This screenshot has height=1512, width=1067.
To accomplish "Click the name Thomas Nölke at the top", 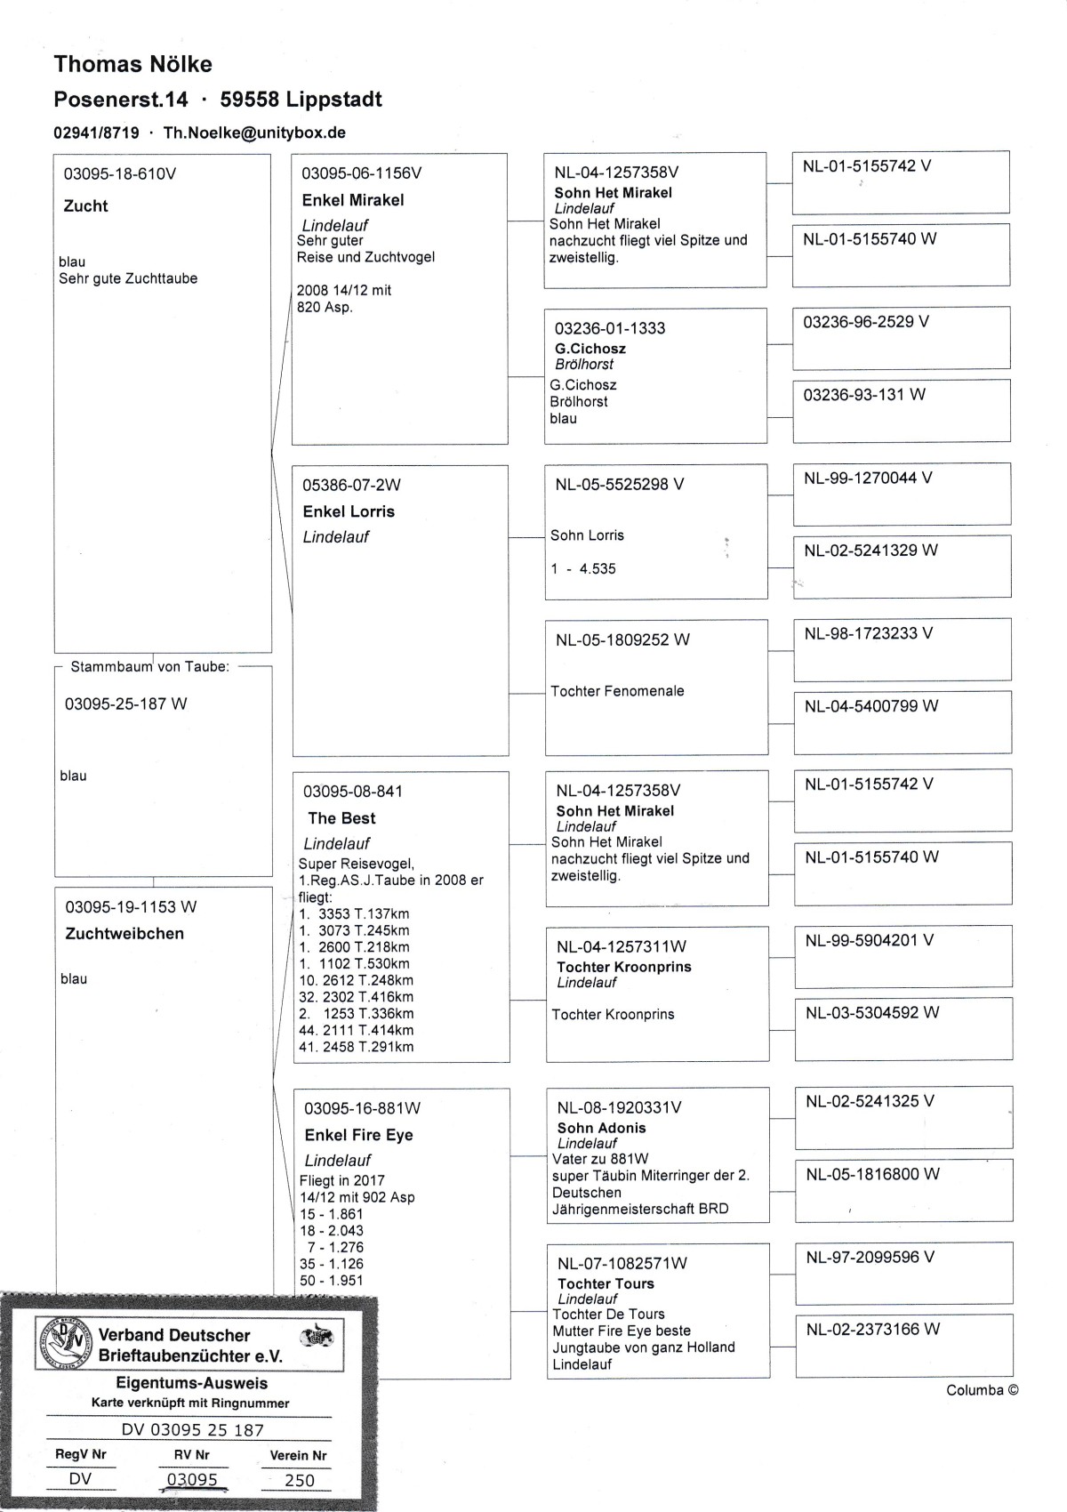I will point(132,64).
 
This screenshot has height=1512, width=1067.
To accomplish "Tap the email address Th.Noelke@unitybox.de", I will point(254,133).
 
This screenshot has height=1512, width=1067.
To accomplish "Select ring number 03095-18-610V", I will point(120,173).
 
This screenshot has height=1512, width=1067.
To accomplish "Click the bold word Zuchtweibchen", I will point(124,933).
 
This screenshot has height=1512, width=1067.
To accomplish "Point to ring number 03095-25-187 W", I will point(125,704).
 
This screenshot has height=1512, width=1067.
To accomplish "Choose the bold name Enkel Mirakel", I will point(353,200).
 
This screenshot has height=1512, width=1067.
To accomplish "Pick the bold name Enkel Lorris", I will point(349,511).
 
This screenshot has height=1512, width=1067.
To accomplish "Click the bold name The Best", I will point(341,818).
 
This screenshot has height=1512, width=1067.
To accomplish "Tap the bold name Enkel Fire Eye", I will point(358,1135).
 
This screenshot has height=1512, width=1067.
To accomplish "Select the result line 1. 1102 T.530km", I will point(355,964).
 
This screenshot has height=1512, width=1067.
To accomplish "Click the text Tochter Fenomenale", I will point(617,691).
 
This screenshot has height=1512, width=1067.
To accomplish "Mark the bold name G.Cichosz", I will point(590,349).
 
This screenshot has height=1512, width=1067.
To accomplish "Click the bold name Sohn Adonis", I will point(601,1128).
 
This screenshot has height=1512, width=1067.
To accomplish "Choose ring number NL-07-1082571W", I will point(622,1263).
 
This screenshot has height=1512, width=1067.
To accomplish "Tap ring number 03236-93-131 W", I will point(863,394).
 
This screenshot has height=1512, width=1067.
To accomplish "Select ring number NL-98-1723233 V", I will point(868,633).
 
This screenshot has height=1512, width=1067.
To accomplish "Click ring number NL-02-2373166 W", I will point(872,1330).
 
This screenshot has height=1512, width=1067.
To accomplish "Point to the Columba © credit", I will point(982,1390).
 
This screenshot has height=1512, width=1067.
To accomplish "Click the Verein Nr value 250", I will point(299,1480).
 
